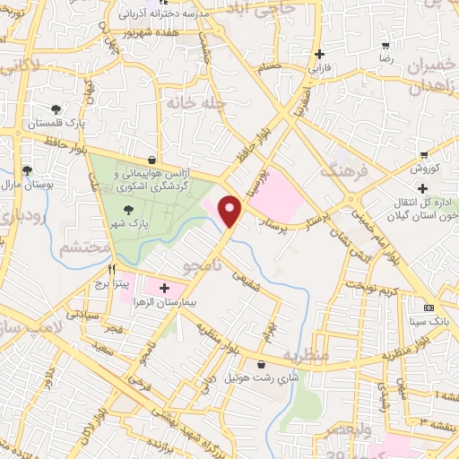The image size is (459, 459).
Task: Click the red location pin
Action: (x=231, y=212)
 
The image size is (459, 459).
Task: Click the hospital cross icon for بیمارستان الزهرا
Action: (x=163, y=288)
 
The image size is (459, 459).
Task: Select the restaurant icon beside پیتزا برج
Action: (x=112, y=268)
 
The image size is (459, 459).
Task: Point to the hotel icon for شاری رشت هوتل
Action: (x=260, y=365)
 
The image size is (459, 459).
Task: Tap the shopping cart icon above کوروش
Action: (x=424, y=153)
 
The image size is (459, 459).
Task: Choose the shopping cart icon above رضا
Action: (x=386, y=44)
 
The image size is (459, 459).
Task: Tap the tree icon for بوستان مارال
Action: (x=27, y=169)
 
